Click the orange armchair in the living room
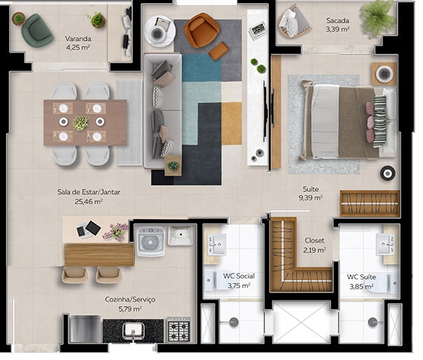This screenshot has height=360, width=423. coord(201,31)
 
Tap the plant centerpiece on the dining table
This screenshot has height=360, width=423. coord(81,123)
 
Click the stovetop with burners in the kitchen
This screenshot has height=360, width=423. coord(178,329)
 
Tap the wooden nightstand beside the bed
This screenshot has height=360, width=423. coord(384,73)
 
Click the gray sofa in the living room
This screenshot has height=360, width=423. coord(161,109)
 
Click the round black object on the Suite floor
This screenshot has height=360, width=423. coord(387,172)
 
